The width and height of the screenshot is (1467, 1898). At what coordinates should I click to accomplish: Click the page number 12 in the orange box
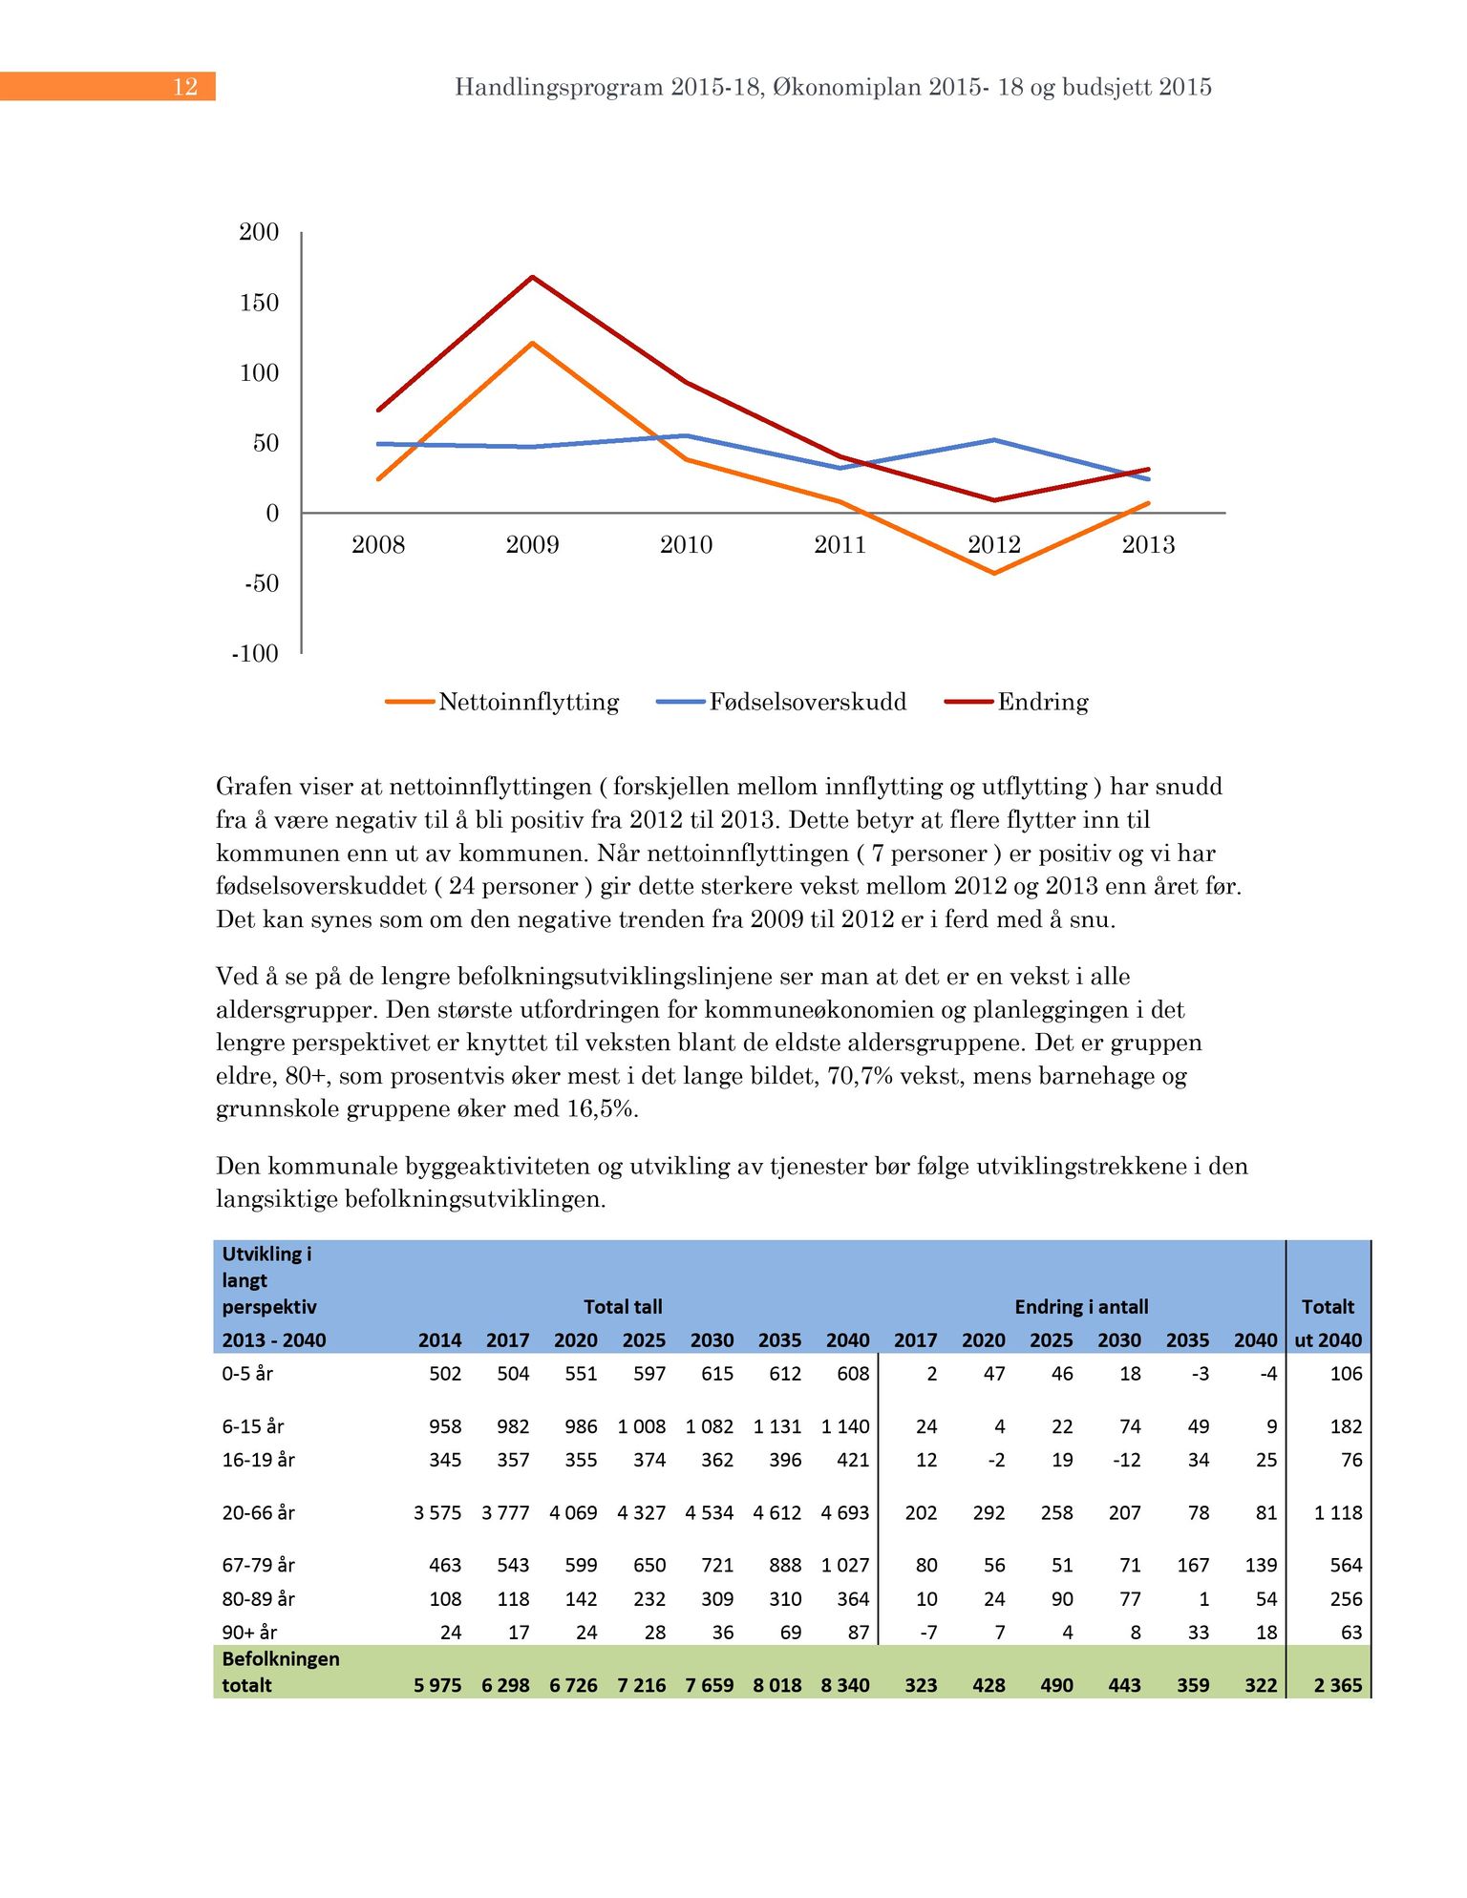(x=185, y=87)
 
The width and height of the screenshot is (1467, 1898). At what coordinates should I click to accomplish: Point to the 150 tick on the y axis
(x=259, y=303)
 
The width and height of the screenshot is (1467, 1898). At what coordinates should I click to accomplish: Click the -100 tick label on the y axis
(x=255, y=654)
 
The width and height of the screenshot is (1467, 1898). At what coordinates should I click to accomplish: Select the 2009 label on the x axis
(x=532, y=545)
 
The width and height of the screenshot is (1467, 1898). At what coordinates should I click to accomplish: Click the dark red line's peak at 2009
(x=532, y=277)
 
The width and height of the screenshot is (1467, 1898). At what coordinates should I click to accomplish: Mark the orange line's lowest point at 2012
(x=994, y=573)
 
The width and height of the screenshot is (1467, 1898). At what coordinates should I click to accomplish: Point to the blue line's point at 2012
(x=994, y=440)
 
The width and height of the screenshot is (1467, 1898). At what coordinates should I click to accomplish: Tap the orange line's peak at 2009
(x=532, y=343)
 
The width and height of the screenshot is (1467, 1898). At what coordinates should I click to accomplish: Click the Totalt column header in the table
(x=1328, y=1307)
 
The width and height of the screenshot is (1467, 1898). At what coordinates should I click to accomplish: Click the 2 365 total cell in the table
(x=1337, y=1685)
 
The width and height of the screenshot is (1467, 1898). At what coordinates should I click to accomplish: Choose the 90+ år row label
(x=249, y=1633)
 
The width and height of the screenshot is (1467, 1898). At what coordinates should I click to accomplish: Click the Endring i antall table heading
(x=1081, y=1307)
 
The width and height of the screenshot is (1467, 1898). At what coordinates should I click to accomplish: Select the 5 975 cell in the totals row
(x=437, y=1685)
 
